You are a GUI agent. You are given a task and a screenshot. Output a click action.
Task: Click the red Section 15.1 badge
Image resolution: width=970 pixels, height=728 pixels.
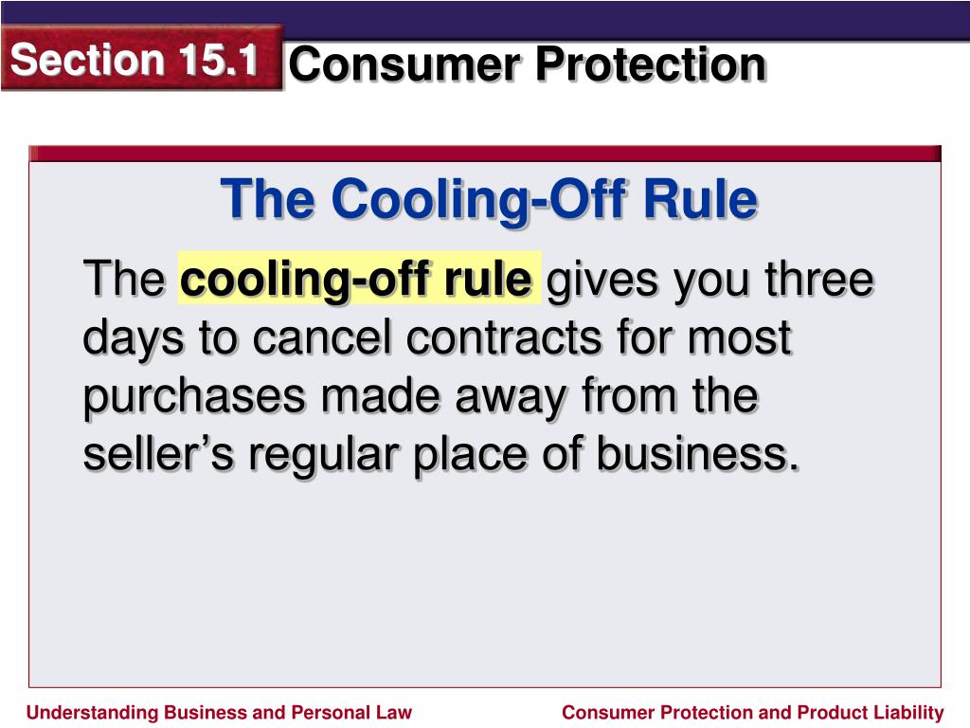coord(142,59)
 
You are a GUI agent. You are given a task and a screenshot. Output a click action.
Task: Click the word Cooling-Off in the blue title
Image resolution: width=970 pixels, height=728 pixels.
coord(481,200)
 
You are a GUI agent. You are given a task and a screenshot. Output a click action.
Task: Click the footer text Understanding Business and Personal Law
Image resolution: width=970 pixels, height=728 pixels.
coord(219,713)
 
